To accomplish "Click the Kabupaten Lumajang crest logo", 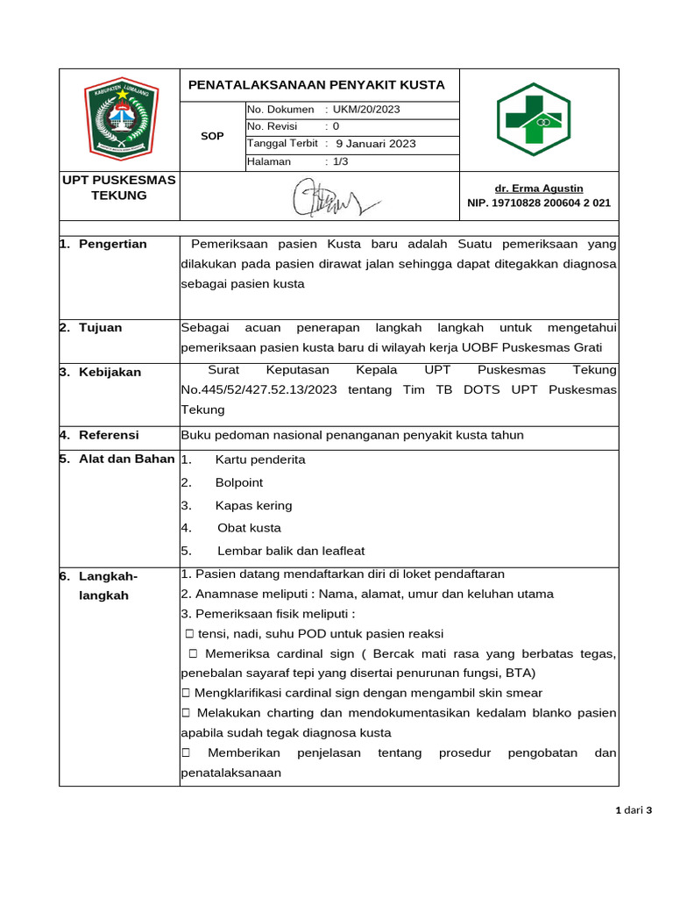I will [120, 118].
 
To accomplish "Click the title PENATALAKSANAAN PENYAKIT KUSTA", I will [317, 85].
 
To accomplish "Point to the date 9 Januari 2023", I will [376, 144].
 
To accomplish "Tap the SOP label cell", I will [212, 136].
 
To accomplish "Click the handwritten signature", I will [334, 197].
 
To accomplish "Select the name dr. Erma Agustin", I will [539, 189].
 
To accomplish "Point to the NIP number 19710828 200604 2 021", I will [539, 203].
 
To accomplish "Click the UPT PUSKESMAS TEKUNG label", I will [119, 188].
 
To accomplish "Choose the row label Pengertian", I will [112, 244].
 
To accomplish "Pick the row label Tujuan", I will [100, 328].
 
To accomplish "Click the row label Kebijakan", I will [110, 372].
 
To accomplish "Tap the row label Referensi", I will [109, 435].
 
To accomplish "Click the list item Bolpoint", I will [238, 482].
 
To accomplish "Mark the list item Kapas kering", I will [253, 505].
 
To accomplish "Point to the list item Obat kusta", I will [249, 528].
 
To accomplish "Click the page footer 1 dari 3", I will [634, 810].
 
